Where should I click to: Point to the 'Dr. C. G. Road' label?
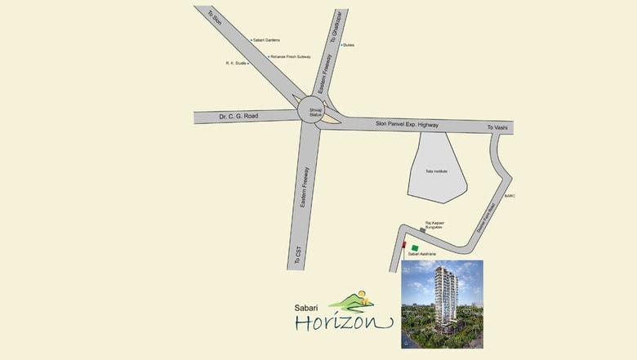pyautogui.click(x=238, y=117)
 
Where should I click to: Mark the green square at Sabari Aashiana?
pyautogui.click(x=415, y=247)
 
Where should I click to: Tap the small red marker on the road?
pyautogui.click(x=403, y=244)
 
